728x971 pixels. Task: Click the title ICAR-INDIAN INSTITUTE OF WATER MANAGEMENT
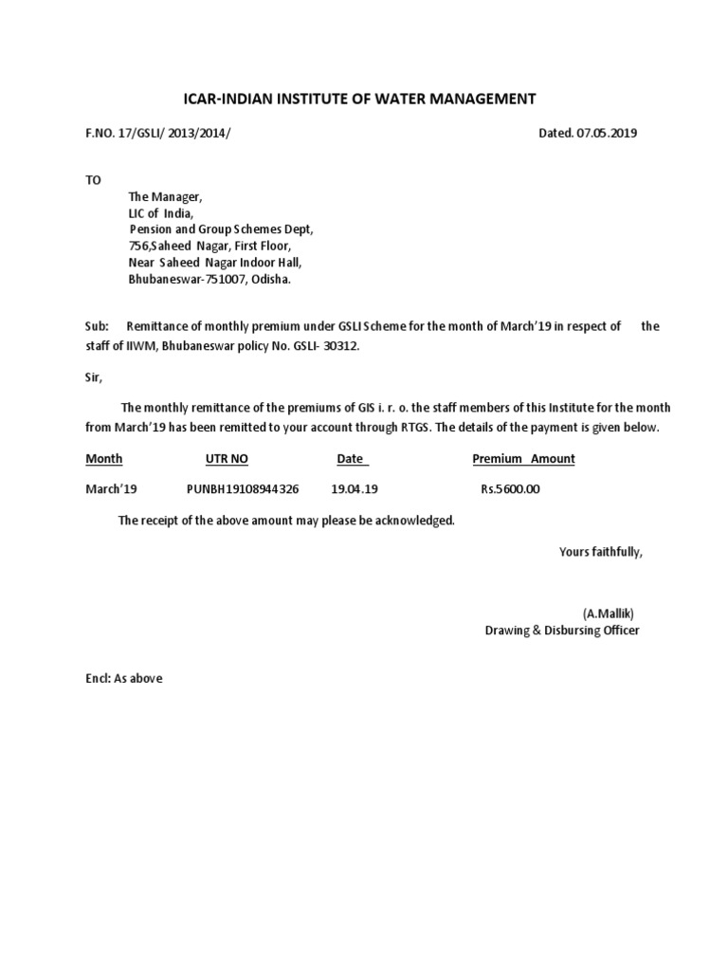point(359,98)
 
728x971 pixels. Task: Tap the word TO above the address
point(93,179)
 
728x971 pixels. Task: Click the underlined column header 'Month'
point(104,459)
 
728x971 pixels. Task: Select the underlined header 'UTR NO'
point(227,459)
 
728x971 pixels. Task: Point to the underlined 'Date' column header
point(351,459)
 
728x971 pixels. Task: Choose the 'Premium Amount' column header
point(523,459)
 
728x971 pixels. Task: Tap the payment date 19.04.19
point(355,489)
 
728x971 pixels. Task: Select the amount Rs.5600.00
point(511,489)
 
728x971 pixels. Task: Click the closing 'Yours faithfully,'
point(601,551)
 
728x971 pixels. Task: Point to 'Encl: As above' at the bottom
point(124,678)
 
